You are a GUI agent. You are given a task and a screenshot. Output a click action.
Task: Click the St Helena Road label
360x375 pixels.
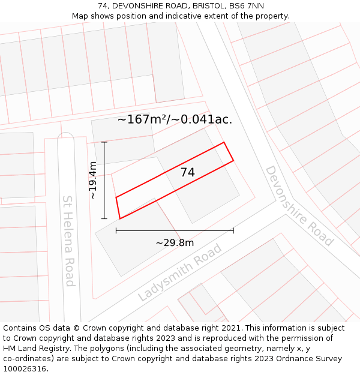coord(69,241)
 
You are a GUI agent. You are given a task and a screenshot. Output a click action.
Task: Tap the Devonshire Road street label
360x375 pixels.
coord(298,206)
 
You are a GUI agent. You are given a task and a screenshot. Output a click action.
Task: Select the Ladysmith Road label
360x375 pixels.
coord(179,272)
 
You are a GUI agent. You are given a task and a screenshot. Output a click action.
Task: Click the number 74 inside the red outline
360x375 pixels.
coord(188,172)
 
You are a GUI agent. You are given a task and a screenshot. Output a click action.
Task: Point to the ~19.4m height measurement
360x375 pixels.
coord(92,180)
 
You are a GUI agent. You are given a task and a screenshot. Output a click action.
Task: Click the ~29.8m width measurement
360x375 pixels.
coord(175,242)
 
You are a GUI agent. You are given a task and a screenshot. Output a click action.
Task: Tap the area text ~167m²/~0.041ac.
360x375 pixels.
coord(175,119)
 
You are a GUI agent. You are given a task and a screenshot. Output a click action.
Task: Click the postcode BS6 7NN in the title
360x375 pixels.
coord(247,6)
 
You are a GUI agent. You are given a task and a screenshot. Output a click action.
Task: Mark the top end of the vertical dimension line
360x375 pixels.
coord(104,142)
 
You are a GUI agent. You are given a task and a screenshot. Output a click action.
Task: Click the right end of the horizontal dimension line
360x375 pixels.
coord(233,230)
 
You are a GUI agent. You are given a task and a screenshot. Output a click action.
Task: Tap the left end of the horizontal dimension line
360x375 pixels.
coord(116,230)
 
